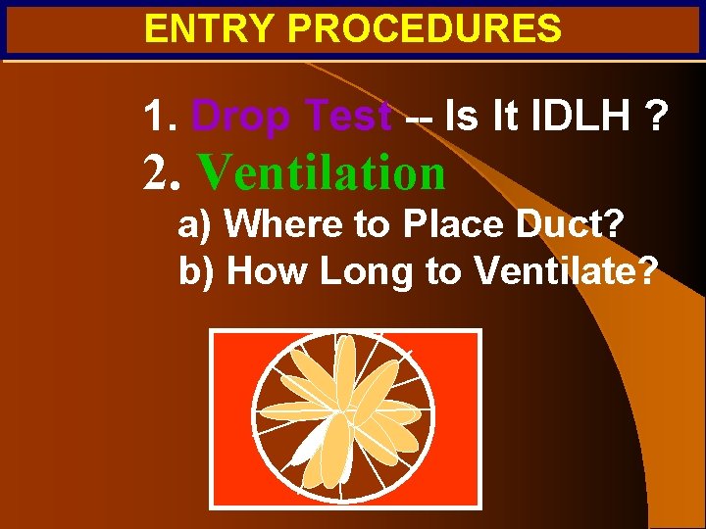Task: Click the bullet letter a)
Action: [195, 224]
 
